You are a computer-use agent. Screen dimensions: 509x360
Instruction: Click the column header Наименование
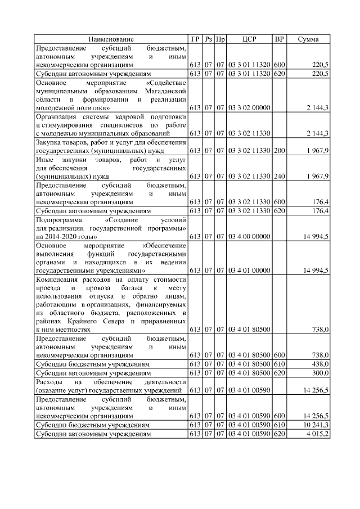tap(111, 39)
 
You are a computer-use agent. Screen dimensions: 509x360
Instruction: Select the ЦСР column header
tap(249, 39)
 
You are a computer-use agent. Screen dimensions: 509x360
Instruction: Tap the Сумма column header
tap(308, 39)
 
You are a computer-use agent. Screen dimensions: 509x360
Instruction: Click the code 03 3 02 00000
tap(249, 107)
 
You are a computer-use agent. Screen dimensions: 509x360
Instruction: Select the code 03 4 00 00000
tap(249, 237)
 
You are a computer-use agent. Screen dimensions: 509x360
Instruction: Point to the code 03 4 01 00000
tap(249, 271)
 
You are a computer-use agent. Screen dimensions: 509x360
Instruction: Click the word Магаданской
tap(164, 90)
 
